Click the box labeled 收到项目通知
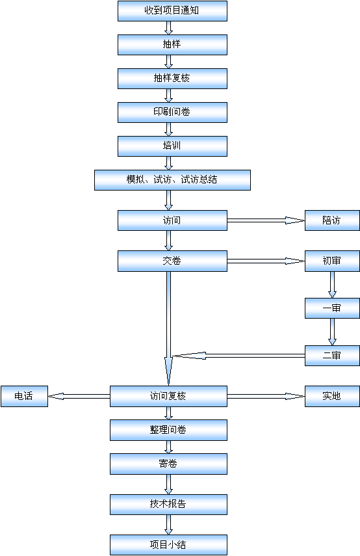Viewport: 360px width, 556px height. click(x=172, y=11)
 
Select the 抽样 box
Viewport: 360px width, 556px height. click(x=172, y=45)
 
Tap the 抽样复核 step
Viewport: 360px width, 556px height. click(x=172, y=79)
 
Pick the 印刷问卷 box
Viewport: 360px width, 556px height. click(x=172, y=113)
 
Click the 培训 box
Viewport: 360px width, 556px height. click(x=172, y=146)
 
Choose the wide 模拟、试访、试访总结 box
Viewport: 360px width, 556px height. click(x=172, y=180)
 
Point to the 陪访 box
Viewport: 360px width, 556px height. click(x=332, y=220)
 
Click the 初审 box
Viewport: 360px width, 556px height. click(x=332, y=261)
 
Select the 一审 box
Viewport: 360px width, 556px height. click(x=332, y=308)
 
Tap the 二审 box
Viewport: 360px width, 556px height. click(x=332, y=356)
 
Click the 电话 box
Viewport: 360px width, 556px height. click(x=24, y=397)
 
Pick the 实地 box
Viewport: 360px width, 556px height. click(x=332, y=397)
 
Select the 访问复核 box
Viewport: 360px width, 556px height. click(x=168, y=397)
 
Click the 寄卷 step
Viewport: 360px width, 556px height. click(x=168, y=464)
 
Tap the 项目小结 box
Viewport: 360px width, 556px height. click(x=168, y=545)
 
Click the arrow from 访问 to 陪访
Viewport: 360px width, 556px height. click(x=266, y=220)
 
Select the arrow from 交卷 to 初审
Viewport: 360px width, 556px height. click(x=266, y=261)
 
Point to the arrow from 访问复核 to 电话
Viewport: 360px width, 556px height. click(x=79, y=397)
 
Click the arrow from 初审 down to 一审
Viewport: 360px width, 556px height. click(x=332, y=285)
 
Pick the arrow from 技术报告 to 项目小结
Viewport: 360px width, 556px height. click(x=169, y=525)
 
